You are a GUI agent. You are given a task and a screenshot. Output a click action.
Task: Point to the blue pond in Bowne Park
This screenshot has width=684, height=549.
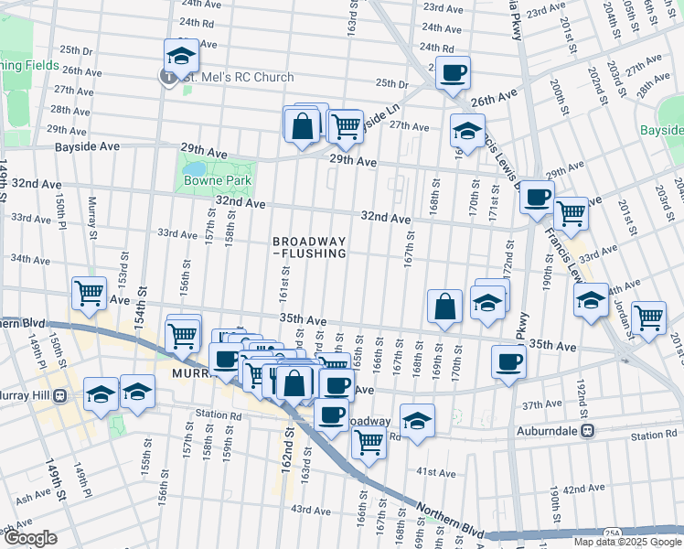195,169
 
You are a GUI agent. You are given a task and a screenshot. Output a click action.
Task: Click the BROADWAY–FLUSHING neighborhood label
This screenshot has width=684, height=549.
309,247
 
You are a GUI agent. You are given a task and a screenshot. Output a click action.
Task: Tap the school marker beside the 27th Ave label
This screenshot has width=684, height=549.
467,131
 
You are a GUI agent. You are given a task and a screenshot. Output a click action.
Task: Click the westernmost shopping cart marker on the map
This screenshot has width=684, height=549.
90,294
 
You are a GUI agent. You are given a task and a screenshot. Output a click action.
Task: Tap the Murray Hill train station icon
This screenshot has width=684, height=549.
59,395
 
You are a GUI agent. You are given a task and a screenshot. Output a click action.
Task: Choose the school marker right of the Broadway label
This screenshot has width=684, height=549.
417,420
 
